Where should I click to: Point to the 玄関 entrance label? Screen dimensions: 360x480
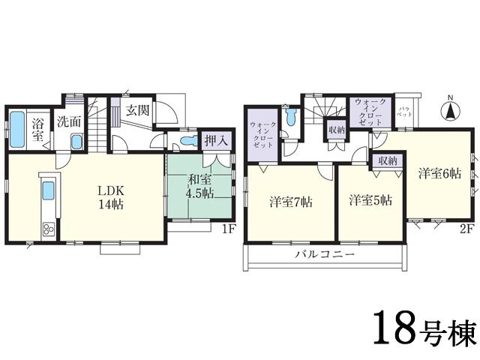(x=136, y=109)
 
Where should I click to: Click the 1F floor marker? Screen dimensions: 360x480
(x=229, y=229)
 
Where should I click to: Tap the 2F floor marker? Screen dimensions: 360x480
(x=465, y=229)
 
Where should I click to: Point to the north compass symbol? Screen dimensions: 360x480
(x=451, y=111)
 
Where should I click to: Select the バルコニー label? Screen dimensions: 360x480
(x=325, y=255)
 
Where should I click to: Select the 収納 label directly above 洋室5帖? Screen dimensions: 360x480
(x=388, y=160)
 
